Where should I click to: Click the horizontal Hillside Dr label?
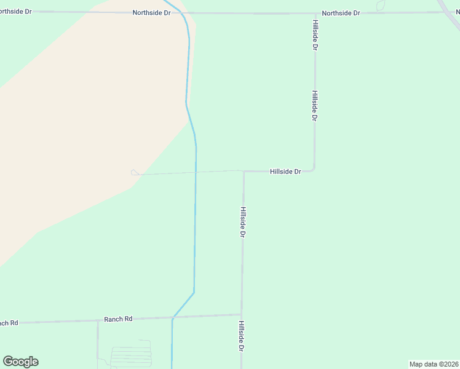285,172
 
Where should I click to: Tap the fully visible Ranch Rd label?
118,319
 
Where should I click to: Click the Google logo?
21,362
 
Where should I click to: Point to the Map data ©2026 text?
434,364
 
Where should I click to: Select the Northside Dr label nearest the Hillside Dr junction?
341,12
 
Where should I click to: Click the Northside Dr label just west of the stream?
151,12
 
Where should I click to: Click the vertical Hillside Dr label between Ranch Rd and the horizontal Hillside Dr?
243,222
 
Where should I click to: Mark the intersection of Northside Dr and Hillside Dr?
315,13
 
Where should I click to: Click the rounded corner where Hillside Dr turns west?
314,169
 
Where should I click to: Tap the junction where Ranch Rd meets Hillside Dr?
242,315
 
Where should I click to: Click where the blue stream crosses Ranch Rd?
173,317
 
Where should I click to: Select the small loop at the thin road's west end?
135,173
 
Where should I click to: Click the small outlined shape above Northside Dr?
380,5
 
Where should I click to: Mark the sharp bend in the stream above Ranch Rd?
194,292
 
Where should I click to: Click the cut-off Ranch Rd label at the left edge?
9,323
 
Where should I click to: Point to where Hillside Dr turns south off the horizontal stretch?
244,172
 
